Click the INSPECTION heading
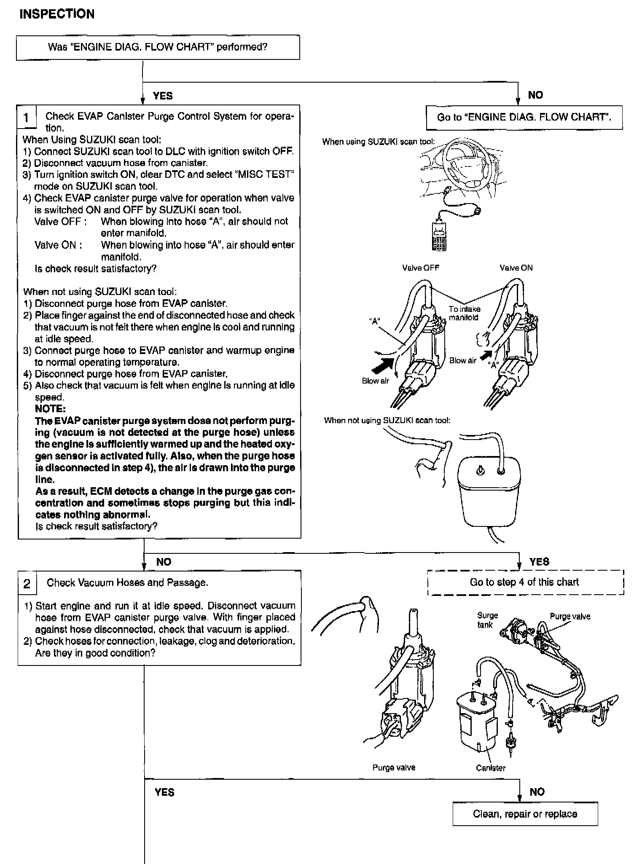[57, 14]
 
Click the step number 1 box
[27, 117]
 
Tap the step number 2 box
[27, 584]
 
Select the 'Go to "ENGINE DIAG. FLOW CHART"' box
[524, 117]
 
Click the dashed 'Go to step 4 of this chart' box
[524, 582]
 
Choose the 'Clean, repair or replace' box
[525, 814]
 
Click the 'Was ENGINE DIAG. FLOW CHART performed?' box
[158, 47]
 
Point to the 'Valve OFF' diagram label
[421, 268]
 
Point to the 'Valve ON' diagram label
[516, 268]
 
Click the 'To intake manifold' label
[464, 313]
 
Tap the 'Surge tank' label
[487, 620]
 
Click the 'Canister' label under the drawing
[490, 768]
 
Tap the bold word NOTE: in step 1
[50, 409]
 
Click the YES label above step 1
[163, 96]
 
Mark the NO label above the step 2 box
[164, 562]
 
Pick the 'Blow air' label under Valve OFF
[375, 381]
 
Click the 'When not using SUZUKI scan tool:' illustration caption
[387, 420]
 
